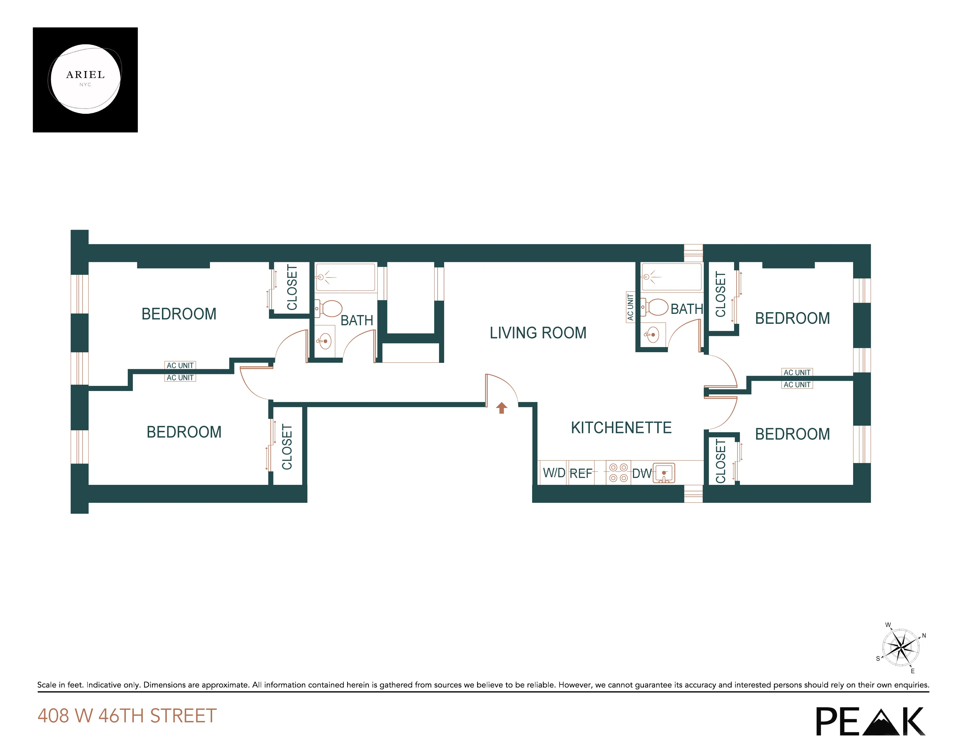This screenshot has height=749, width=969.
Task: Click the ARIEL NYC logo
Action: pos(85,80)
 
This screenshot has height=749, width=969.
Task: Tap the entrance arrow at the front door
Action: pos(501,407)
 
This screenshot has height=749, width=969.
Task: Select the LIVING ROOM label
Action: pos(538,333)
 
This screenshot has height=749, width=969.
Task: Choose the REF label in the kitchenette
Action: pos(581,473)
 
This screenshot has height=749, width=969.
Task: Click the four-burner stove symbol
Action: pos(618,472)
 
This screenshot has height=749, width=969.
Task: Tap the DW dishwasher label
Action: pos(641,473)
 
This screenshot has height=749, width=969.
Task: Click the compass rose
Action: pos(901,647)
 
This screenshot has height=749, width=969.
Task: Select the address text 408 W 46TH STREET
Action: pos(127,716)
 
